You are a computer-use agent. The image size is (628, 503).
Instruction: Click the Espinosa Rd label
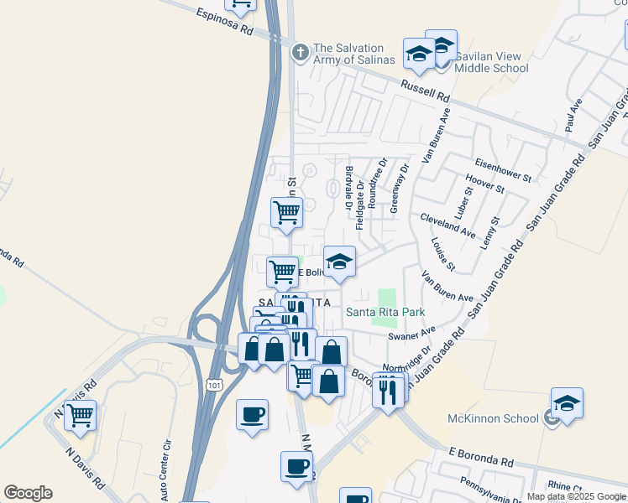224,22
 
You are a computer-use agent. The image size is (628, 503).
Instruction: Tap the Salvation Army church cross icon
300,52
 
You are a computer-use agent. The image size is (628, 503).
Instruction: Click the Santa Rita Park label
386,312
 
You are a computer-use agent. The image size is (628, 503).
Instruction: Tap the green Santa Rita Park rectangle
386,297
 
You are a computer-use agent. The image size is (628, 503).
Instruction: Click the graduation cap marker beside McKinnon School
567,404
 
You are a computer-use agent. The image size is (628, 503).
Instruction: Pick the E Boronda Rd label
481,457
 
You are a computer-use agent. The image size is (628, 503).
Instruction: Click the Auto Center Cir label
169,464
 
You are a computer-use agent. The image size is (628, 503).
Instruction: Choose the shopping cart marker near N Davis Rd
80,413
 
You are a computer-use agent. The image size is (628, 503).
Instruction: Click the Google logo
28,493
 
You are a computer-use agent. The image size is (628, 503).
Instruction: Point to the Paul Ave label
574,116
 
